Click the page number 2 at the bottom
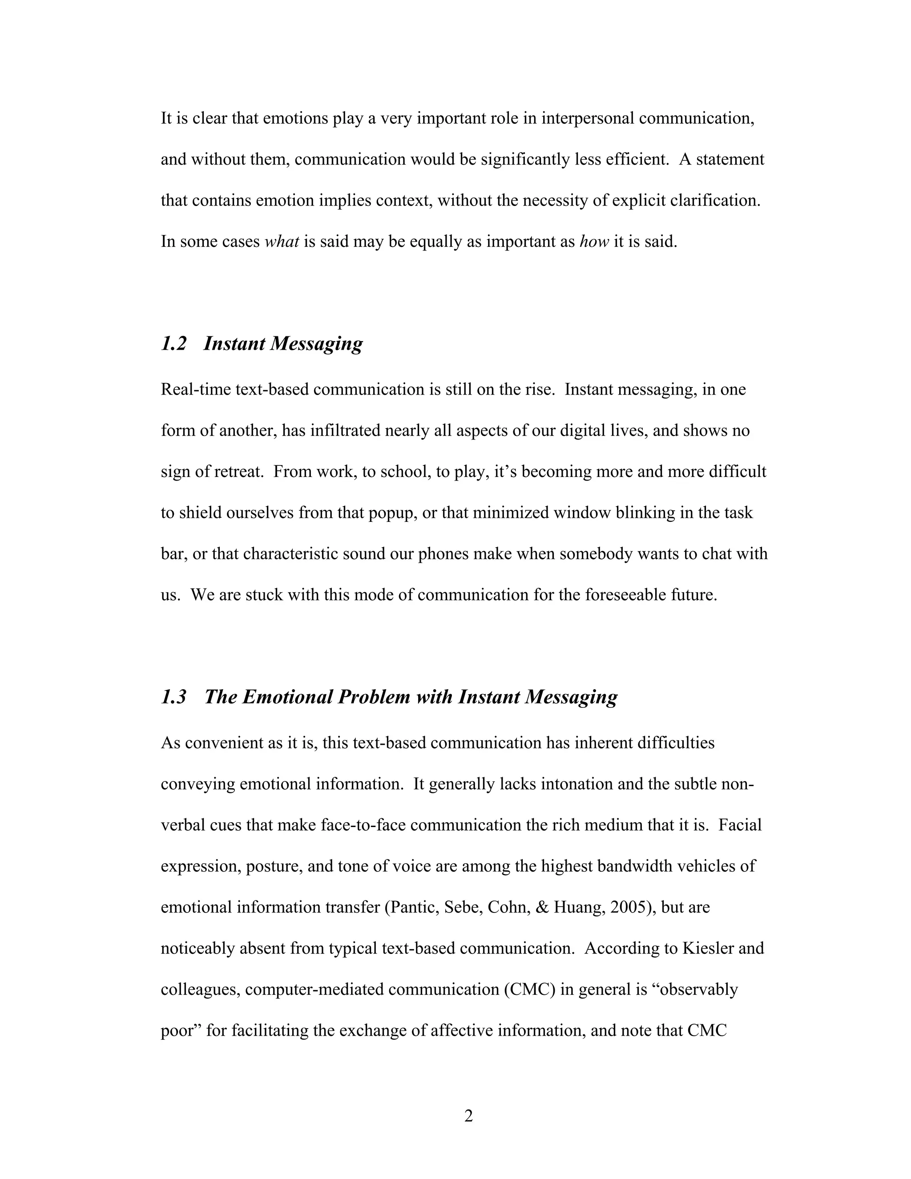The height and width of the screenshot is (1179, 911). tap(468, 1115)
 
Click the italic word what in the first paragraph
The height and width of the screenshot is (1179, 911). tap(282, 241)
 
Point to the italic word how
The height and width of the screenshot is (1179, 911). tap(594, 241)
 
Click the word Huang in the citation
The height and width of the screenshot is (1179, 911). tap(577, 908)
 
